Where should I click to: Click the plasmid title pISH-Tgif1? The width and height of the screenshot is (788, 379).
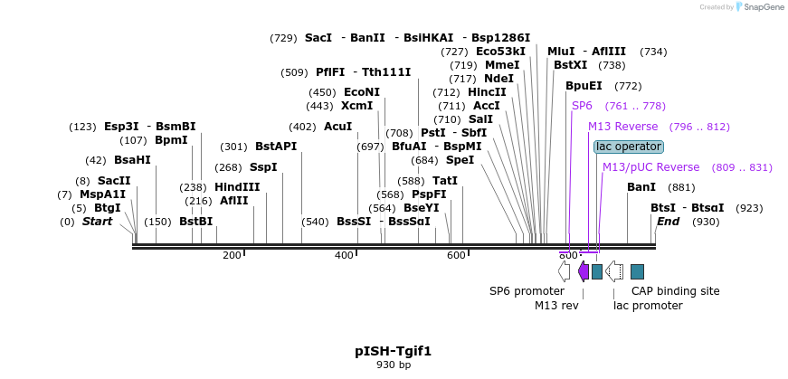pyautogui.click(x=393, y=350)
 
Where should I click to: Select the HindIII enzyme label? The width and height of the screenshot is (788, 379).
pyautogui.click(x=237, y=187)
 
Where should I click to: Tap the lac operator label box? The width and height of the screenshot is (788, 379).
pyautogui.click(x=629, y=147)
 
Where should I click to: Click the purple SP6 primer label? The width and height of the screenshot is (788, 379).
pyautogui.click(x=582, y=106)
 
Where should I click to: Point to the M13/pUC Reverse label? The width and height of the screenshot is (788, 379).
pyautogui.click(x=650, y=167)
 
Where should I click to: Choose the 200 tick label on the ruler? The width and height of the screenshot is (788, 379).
pyautogui.click(x=232, y=255)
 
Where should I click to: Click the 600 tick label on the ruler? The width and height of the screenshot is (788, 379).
pyautogui.click(x=456, y=255)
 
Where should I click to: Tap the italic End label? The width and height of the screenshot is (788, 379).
pyautogui.click(x=668, y=222)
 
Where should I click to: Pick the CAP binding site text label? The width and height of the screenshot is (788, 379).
pyautogui.click(x=675, y=291)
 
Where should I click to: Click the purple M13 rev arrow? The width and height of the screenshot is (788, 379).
pyautogui.click(x=584, y=270)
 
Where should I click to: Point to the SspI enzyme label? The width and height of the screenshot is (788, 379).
pyautogui.click(x=263, y=167)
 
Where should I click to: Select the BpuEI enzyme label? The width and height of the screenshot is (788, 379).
pyautogui.click(x=584, y=86)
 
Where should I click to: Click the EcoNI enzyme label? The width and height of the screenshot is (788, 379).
pyautogui.click(x=362, y=92)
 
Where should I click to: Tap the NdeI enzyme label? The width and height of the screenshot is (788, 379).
pyautogui.click(x=498, y=79)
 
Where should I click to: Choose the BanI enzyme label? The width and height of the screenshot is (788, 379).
pyautogui.click(x=641, y=187)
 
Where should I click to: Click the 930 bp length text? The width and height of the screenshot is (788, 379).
pyautogui.click(x=393, y=365)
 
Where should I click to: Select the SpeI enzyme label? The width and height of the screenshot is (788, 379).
pyautogui.click(x=460, y=160)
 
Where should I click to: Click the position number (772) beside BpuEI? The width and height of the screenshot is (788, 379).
pyautogui.click(x=627, y=86)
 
